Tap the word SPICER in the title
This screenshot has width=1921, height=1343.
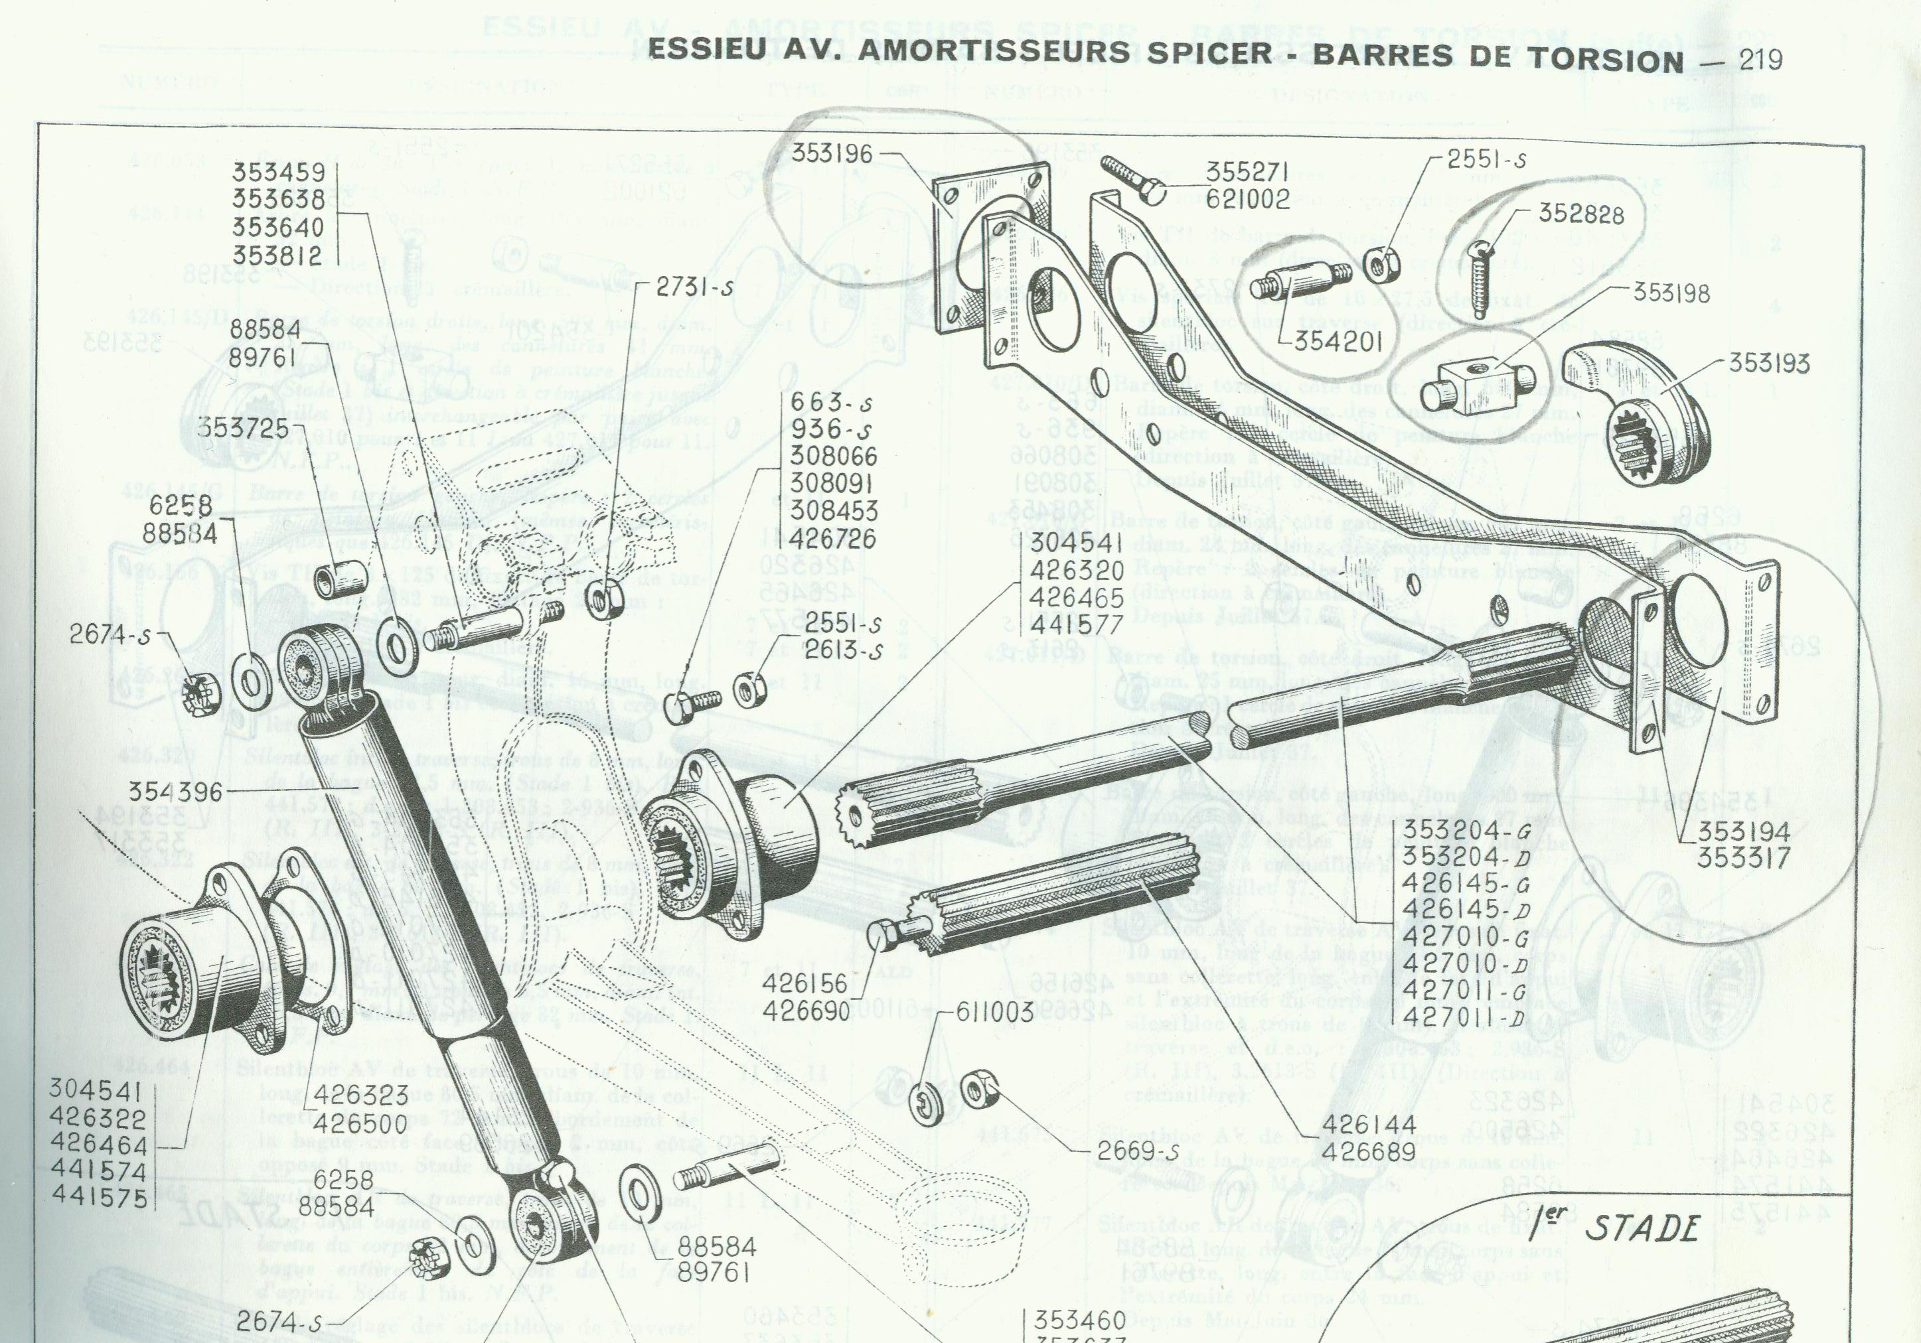[1217, 60]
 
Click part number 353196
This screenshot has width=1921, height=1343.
[833, 154]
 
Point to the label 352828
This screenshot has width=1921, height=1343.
[1581, 215]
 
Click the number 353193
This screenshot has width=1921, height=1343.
[1769, 363]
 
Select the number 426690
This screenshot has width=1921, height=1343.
[805, 1011]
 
